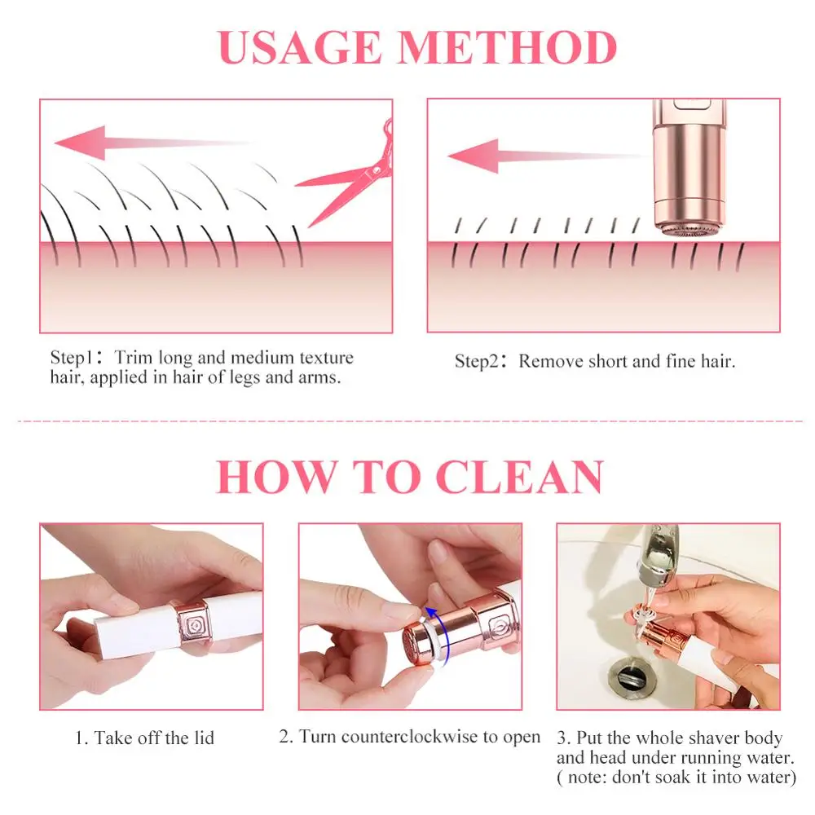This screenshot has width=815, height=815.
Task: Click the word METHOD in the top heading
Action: tap(508, 48)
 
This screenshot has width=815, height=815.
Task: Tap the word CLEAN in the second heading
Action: tap(519, 477)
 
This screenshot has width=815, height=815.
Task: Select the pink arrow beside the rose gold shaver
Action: tap(546, 156)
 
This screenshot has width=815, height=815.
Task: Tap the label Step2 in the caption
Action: tap(477, 361)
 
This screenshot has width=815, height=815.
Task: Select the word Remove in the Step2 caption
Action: tap(551, 361)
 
